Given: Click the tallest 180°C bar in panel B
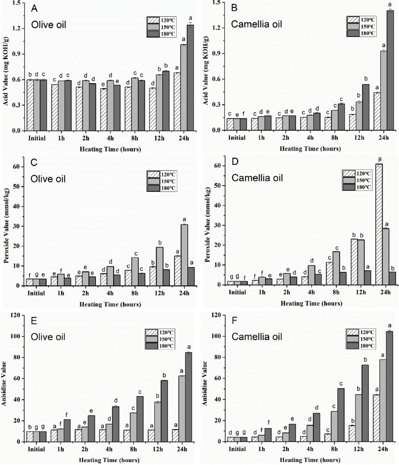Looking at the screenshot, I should tap(376, 70).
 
